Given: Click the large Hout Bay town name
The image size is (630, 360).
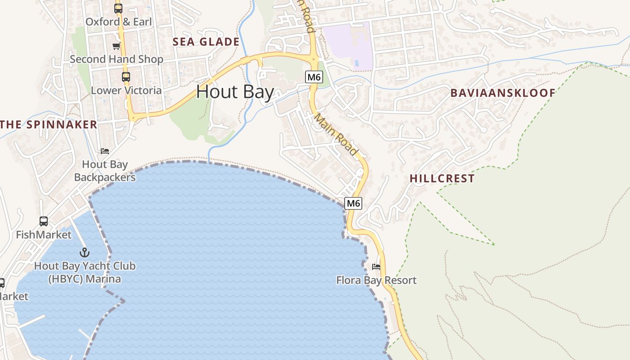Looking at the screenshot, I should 235,92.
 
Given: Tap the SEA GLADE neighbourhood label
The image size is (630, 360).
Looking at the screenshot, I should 206,42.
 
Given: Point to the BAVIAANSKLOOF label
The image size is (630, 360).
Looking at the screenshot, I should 503,93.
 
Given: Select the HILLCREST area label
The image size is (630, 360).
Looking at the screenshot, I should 442,178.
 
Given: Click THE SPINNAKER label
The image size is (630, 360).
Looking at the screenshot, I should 49,125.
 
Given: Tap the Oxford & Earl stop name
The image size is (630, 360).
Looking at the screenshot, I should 118,22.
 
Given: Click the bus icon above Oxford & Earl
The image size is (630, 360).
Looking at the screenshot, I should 118,8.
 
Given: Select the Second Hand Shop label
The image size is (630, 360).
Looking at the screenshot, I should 116,59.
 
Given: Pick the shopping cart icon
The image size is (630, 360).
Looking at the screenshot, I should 116,46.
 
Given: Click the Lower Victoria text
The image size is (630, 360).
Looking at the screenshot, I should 126,90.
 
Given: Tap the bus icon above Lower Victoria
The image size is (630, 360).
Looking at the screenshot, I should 126,77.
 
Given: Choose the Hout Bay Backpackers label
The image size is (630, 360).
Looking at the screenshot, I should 105,171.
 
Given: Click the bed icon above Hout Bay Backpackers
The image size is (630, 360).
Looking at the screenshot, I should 105,151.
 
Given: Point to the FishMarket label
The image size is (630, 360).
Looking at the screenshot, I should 44,235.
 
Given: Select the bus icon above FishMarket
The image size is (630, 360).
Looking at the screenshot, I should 44,221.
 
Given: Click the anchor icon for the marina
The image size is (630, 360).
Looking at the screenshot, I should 85,252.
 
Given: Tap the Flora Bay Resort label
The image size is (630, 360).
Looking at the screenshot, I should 376,280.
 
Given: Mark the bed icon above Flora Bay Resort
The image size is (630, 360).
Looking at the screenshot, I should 376,267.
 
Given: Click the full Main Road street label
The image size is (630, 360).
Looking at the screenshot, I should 336,135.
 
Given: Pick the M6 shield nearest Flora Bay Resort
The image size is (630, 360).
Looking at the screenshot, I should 353,203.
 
